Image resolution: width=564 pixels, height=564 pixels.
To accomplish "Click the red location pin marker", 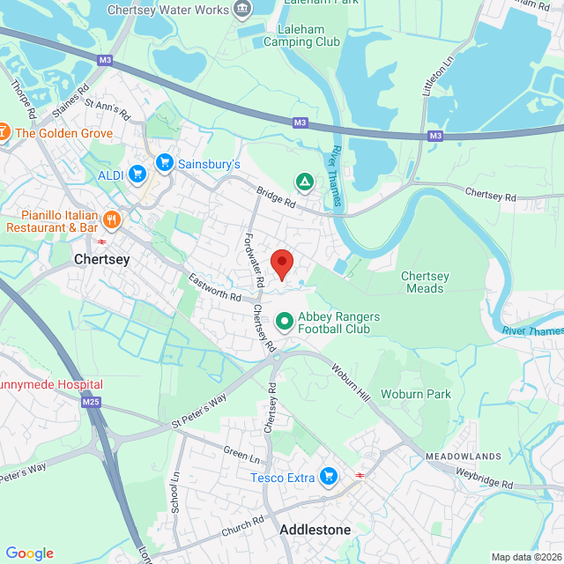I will pyautogui.click(x=281, y=263).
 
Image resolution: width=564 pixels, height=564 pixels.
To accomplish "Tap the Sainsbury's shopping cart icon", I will pyautogui.click(x=164, y=163).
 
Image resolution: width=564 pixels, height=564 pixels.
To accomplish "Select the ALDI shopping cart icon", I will pyautogui.click(x=137, y=174).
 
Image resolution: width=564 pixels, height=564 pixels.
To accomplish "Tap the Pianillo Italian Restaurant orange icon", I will pyautogui.click(x=110, y=219).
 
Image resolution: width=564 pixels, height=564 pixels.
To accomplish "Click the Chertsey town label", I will pyautogui.click(x=102, y=260).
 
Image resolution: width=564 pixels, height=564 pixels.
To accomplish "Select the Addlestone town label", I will pyautogui.click(x=315, y=530).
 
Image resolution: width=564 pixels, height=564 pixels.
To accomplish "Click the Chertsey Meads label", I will pyautogui.click(x=425, y=282).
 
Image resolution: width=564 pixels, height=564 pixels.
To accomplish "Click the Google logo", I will pyautogui.click(x=29, y=553).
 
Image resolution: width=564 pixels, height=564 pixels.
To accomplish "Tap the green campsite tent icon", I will pyautogui.click(x=304, y=182).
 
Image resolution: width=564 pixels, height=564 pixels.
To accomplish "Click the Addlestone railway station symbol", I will pyautogui.click(x=360, y=474).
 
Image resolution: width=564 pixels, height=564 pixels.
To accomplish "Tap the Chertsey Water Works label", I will pyautogui.click(x=168, y=10).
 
